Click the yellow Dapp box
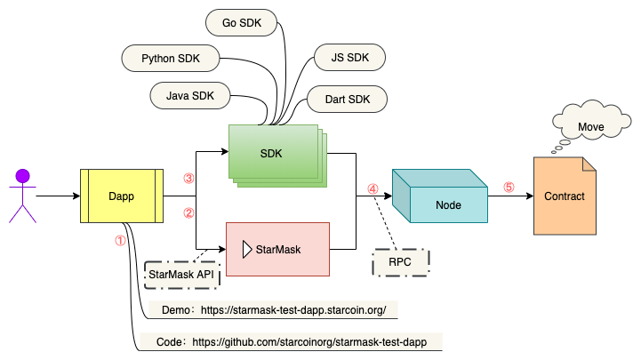click(120, 196)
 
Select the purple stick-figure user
click(23, 195)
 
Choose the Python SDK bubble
click(170, 60)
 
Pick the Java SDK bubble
click(191, 93)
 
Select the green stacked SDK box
click(273, 153)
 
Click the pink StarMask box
click(278, 249)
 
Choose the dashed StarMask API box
click(182, 274)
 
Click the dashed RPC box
click(400, 262)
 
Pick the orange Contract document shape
click(565, 196)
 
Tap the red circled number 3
click(188, 179)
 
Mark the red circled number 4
click(373, 189)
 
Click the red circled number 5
click(509, 188)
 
